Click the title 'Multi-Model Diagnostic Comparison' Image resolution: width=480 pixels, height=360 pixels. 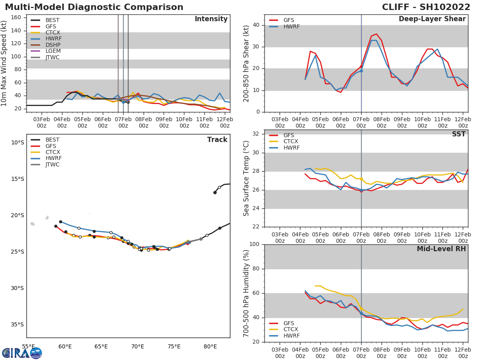tap(94, 7)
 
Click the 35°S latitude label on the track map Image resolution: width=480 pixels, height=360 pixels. tap(17, 325)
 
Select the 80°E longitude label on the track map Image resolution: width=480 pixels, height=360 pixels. tap(210, 347)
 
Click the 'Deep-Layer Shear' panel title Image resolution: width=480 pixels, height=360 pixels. tap(432, 19)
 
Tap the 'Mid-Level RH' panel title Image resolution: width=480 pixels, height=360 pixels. tap(441, 249)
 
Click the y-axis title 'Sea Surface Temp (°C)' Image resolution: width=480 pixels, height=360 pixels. tap(246, 178)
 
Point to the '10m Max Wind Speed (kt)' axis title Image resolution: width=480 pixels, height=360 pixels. tap(4, 63)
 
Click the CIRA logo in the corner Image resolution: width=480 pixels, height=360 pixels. tap(22, 353)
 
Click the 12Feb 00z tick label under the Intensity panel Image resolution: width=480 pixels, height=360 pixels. tap(224, 122)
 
